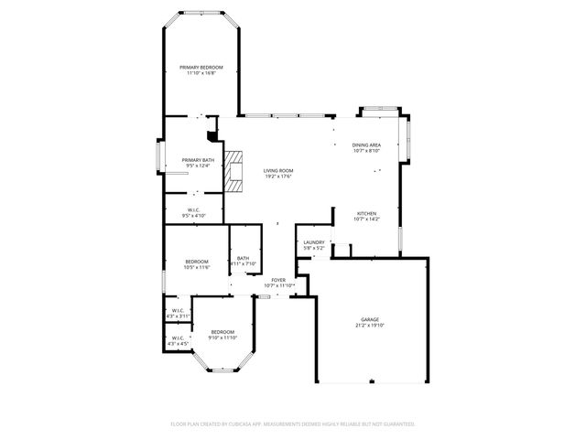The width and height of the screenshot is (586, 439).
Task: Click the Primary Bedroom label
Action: point(201,68)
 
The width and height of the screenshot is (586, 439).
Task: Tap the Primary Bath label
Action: point(197,160)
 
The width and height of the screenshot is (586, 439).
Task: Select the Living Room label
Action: point(278,171)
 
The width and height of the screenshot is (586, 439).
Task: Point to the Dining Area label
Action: point(367,145)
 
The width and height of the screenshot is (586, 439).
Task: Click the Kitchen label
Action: point(366,213)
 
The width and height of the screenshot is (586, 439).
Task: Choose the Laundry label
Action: point(314,242)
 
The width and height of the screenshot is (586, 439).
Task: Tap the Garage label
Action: point(370,319)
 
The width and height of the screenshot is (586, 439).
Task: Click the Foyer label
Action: point(277,280)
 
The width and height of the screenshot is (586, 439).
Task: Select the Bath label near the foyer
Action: point(243,259)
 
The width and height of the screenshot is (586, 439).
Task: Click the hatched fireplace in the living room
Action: point(237,171)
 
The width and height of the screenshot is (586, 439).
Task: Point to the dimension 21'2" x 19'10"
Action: point(370,326)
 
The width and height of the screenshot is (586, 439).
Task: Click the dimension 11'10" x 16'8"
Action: point(201,74)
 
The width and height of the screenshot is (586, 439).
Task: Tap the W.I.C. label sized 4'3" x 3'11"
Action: point(178,311)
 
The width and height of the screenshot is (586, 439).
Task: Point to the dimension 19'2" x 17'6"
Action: point(278,177)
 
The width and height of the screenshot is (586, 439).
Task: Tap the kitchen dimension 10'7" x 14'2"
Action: point(366,219)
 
